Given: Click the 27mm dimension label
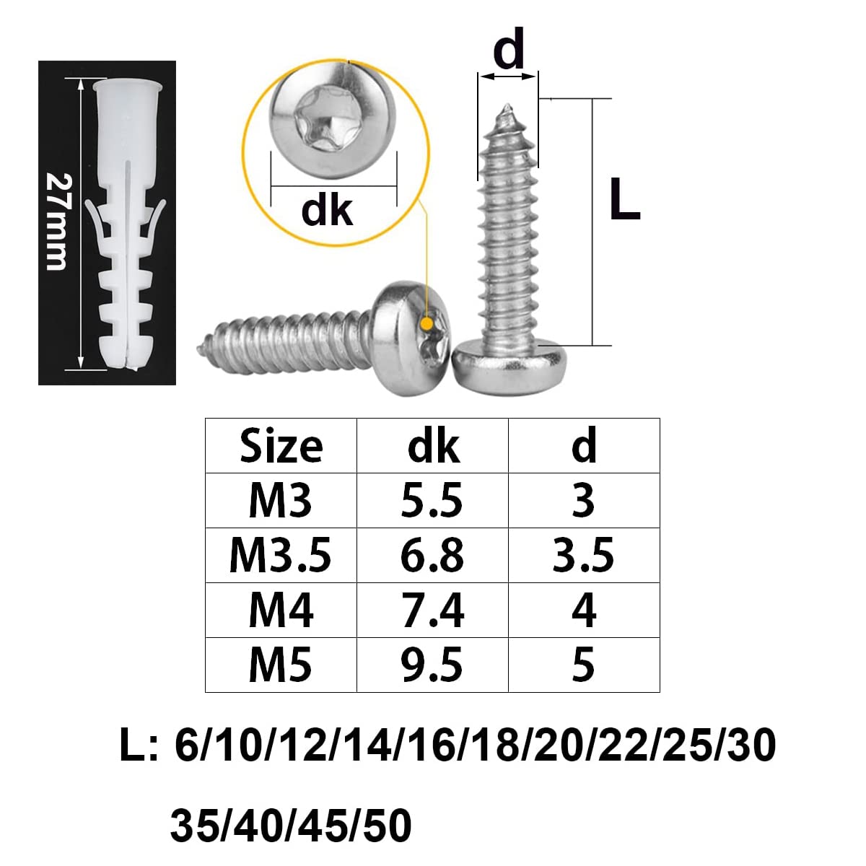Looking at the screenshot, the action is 59,222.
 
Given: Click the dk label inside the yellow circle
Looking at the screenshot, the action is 327,210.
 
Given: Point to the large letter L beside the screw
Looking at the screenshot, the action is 624,198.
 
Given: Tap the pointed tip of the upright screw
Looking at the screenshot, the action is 507,107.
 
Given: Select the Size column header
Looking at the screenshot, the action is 281,446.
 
